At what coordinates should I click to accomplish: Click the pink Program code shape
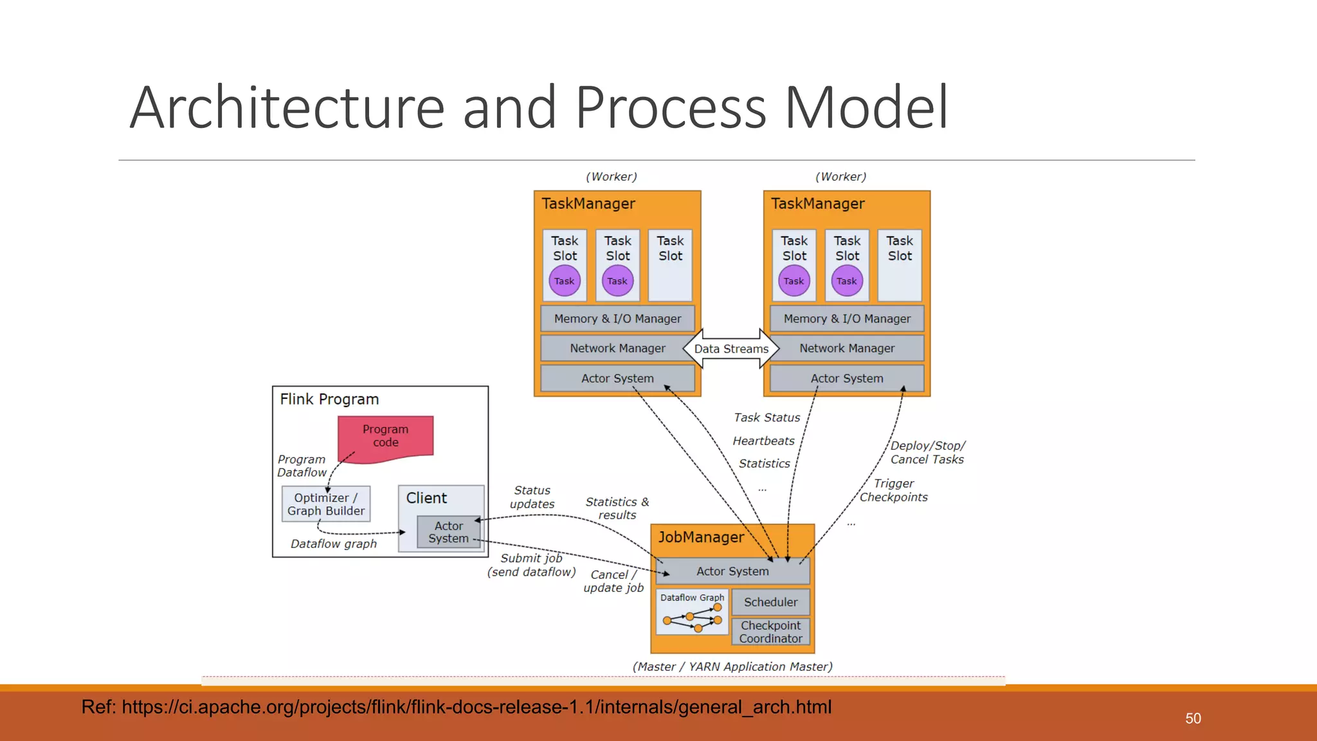pyautogui.click(x=385, y=437)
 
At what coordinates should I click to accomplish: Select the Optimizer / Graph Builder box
pyautogui.click(x=325, y=504)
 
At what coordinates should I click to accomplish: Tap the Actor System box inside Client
pyautogui.click(x=448, y=533)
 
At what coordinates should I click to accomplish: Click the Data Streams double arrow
pyautogui.click(x=731, y=349)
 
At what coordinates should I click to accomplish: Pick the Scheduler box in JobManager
pyautogui.click(x=770, y=602)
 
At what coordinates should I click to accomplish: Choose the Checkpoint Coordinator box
pyautogui.click(x=770, y=632)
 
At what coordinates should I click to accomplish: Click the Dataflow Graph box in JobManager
pyautogui.click(x=692, y=612)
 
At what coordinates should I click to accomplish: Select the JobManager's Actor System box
pyautogui.click(x=732, y=571)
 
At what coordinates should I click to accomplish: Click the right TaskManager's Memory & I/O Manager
pyautogui.click(x=847, y=318)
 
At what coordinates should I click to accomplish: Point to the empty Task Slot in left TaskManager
pyautogui.click(x=670, y=265)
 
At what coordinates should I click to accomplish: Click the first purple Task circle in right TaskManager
pyautogui.click(x=794, y=281)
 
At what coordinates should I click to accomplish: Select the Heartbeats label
pyautogui.click(x=763, y=441)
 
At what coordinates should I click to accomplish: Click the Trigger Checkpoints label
pyautogui.click(x=893, y=490)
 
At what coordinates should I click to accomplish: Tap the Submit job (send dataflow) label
pyautogui.click(x=531, y=565)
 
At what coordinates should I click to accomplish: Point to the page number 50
pyautogui.click(x=1193, y=718)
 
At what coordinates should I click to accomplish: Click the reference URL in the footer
pyautogui.click(x=456, y=707)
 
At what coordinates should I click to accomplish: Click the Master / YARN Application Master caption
pyautogui.click(x=732, y=666)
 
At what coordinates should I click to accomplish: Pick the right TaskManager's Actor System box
pyautogui.click(x=847, y=378)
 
